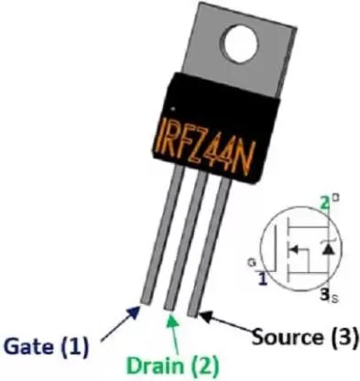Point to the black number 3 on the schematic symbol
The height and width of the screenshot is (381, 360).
pos(322,294)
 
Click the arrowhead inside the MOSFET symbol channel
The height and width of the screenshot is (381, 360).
pos(295,247)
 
